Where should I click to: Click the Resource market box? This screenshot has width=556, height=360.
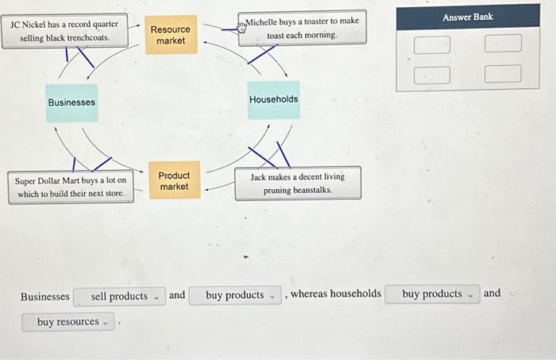(171, 35)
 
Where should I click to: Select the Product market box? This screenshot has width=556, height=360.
(174, 180)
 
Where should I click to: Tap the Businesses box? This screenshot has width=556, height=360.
(71, 103)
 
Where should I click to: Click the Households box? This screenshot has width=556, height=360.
(273, 99)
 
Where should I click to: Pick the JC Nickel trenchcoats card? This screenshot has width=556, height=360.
(65, 31)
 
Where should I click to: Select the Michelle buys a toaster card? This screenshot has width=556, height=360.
(302, 28)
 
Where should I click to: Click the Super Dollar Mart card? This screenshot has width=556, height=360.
(71, 187)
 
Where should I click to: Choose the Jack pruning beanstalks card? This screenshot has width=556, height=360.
(298, 184)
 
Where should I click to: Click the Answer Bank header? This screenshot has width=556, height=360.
(468, 17)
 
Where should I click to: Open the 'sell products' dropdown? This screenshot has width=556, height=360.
(120, 296)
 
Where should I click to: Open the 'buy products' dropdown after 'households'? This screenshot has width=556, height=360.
(433, 294)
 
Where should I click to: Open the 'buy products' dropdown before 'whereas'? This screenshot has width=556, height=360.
(236, 296)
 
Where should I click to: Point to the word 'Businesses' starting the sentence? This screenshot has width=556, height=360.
(44, 296)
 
